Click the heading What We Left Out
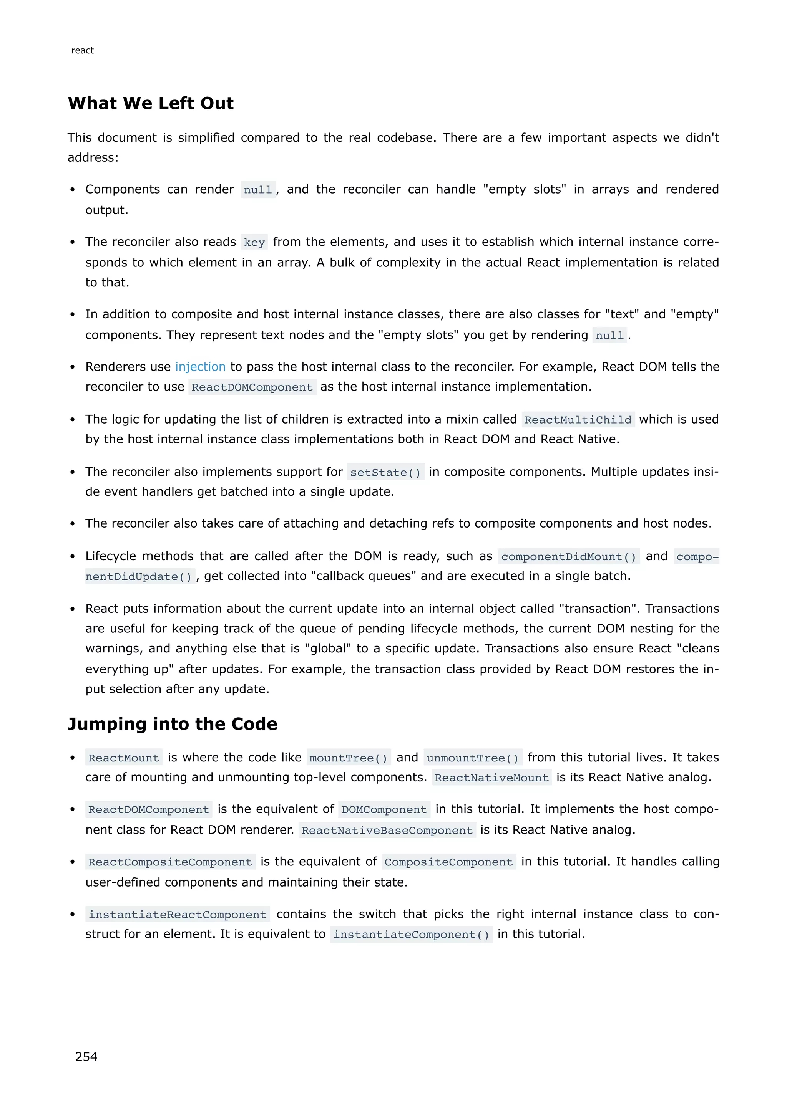point(150,103)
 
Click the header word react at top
point(82,50)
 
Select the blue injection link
point(200,367)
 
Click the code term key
point(254,242)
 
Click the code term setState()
point(385,472)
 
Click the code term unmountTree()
point(473,758)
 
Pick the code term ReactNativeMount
point(491,778)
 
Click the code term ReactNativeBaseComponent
point(387,830)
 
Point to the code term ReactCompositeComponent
point(170,862)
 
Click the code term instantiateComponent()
point(412,934)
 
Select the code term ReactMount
point(124,758)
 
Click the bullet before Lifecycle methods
point(72,556)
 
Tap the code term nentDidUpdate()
point(139,576)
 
